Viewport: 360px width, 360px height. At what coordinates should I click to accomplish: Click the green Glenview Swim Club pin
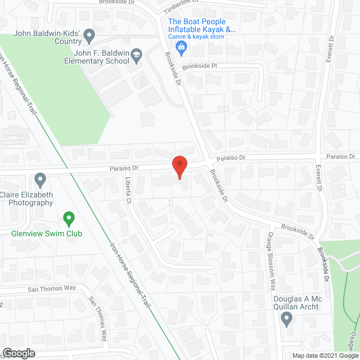[x=69, y=217]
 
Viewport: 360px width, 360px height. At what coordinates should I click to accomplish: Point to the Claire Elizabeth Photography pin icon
[x=40, y=180]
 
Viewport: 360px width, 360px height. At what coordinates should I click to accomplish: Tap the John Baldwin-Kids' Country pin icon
[x=89, y=38]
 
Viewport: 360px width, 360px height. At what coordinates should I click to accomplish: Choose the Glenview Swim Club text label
[x=47, y=233]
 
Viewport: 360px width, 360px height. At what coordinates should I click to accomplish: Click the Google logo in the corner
[x=19, y=353]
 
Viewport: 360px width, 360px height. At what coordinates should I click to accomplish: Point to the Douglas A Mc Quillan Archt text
[x=296, y=303]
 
